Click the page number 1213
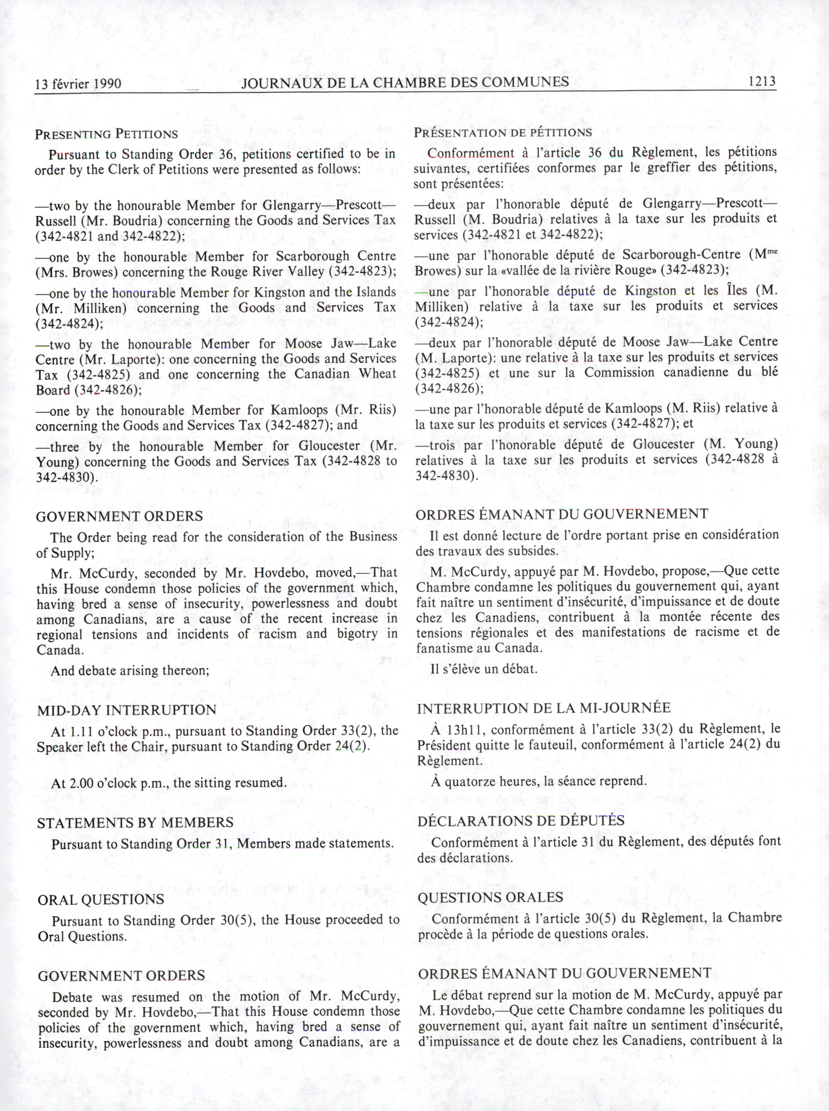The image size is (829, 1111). click(x=762, y=81)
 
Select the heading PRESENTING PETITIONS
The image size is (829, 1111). click(x=106, y=134)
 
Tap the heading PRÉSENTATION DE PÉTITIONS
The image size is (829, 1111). click(x=503, y=133)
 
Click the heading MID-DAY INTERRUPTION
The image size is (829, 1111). click(x=126, y=710)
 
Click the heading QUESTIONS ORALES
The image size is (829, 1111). click(x=490, y=897)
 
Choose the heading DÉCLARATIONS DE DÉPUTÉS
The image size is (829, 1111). click(x=521, y=820)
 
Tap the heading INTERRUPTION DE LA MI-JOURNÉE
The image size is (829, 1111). click(x=544, y=708)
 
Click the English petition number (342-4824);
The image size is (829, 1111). click(x=69, y=324)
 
